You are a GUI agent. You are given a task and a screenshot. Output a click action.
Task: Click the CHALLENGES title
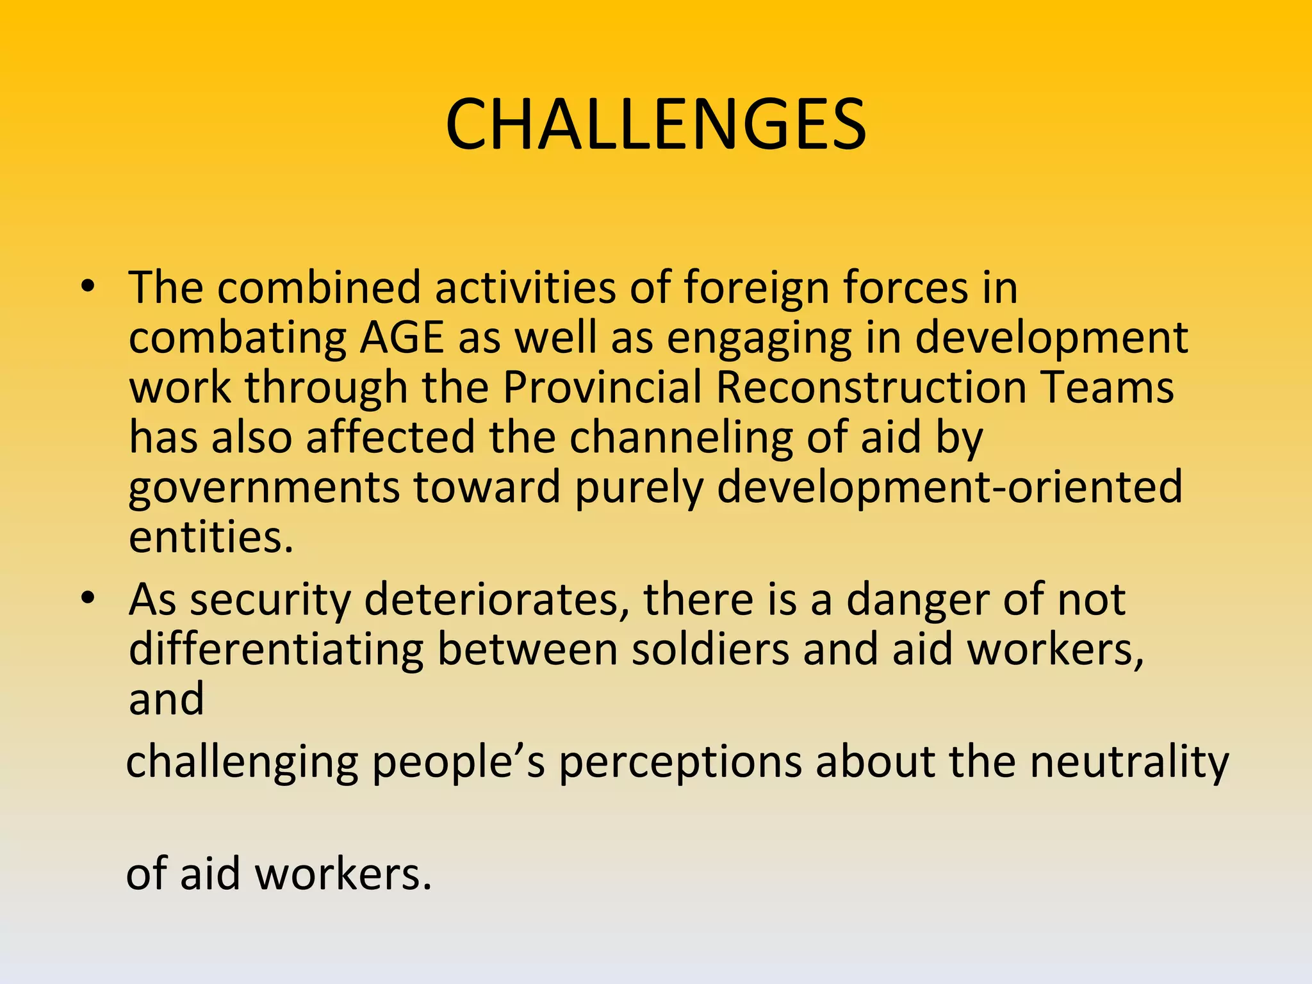(x=655, y=124)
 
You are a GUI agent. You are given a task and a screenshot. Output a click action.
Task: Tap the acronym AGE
(x=402, y=338)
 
